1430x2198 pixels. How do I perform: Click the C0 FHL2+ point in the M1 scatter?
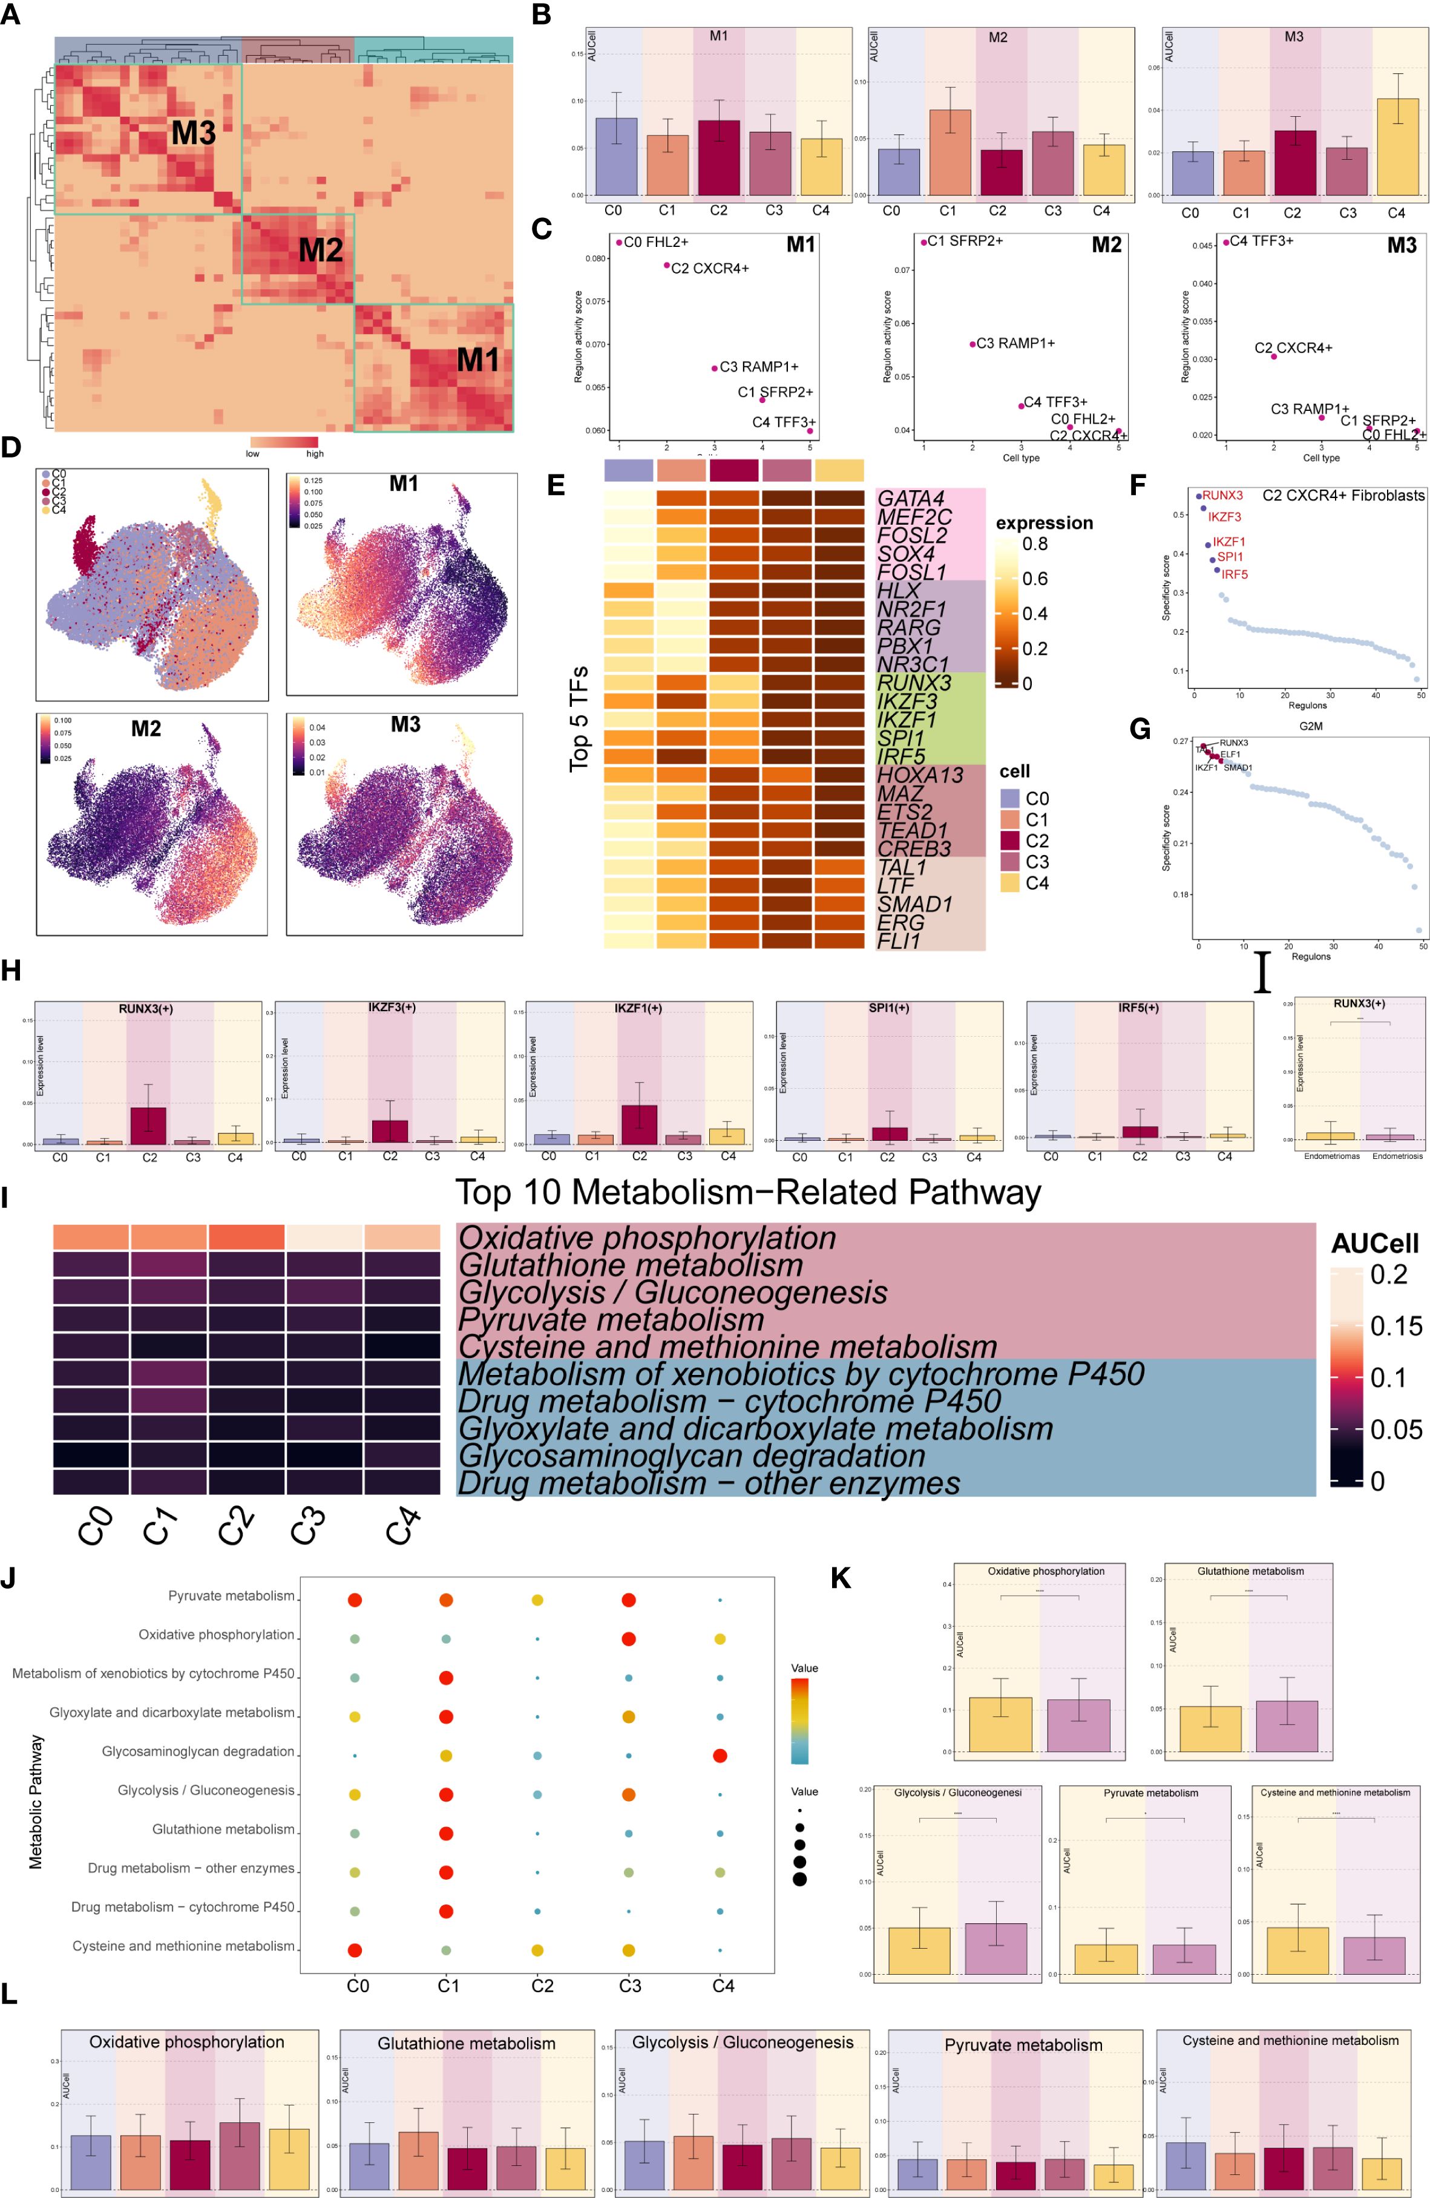pyautogui.click(x=619, y=243)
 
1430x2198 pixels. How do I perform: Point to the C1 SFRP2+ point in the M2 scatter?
pyautogui.click(x=923, y=243)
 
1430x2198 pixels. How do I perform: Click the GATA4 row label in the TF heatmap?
pyautogui.click(x=910, y=499)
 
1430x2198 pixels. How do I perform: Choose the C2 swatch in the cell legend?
pyautogui.click(x=1009, y=841)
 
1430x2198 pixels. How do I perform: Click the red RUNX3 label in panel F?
pyautogui.click(x=1222, y=496)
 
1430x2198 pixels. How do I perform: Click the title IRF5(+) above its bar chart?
pyautogui.click(x=1138, y=1008)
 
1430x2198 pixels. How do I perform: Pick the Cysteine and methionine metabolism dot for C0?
pyautogui.click(x=354, y=1950)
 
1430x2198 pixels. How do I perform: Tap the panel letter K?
pyautogui.click(x=840, y=1578)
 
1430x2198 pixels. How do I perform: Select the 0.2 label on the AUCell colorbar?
pyautogui.click(x=1388, y=1275)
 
